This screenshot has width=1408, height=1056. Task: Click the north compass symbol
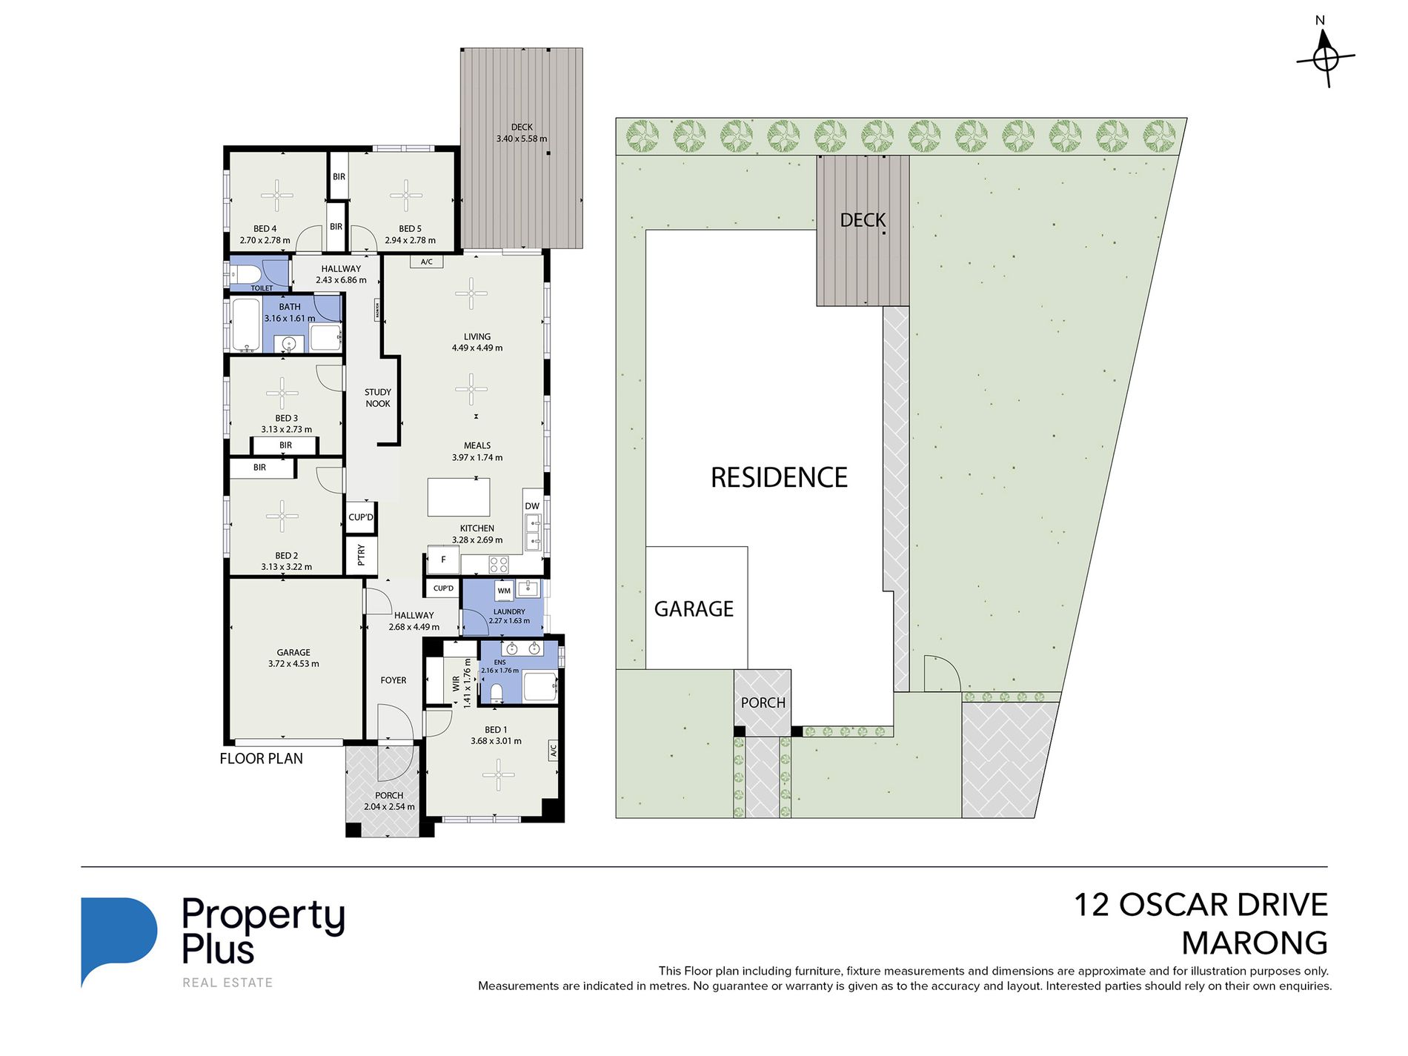[1326, 56]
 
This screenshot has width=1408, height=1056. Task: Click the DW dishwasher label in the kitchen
[532, 506]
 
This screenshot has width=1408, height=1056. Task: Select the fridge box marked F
[443, 559]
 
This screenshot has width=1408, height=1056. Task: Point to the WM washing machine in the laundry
[504, 591]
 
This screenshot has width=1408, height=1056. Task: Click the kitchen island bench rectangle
[459, 497]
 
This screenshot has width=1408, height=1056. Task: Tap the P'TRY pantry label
[362, 554]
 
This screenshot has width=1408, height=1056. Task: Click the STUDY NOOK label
[378, 398]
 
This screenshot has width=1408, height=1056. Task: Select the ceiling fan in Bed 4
[277, 196]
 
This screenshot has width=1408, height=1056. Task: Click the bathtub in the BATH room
[245, 325]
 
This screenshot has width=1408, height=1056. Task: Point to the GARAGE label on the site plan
[694, 609]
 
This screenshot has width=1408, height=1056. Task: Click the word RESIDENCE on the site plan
[779, 478]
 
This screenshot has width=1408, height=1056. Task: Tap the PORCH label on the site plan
[763, 703]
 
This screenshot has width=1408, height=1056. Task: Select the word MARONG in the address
[1254, 943]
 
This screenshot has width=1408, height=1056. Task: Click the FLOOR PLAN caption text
[261, 759]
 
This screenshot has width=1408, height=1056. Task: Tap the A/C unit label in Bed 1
[553, 751]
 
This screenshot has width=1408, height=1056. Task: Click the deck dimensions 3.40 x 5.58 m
[522, 139]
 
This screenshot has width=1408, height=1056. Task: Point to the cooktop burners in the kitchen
[499, 565]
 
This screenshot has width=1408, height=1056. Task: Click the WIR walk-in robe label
[456, 683]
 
